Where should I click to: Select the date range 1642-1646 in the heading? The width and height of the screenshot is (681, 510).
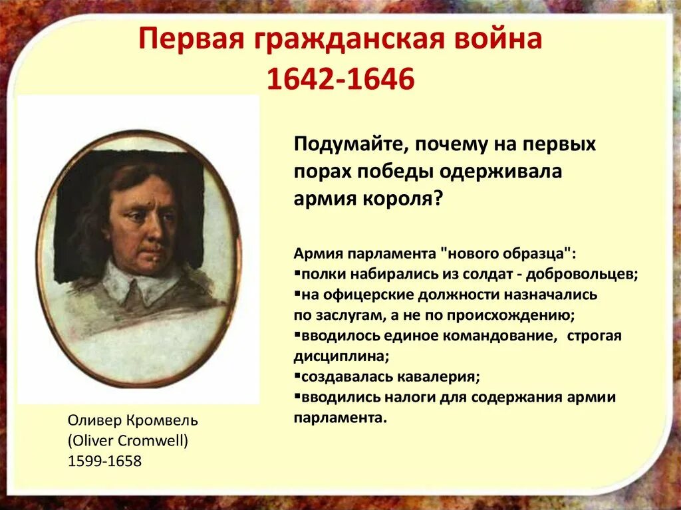pyautogui.click(x=340, y=79)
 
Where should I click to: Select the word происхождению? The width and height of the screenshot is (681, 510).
pyautogui.click(x=508, y=315)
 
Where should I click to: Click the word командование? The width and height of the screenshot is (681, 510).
pyautogui.click(x=501, y=336)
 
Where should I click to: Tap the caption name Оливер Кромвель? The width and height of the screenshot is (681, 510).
pyautogui.click(x=133, y=420)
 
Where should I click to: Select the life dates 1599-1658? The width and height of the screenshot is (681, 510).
pyautogui.click(x=104, y=461)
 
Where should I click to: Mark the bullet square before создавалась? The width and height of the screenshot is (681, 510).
pyautogui.click(x=296, y=376)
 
